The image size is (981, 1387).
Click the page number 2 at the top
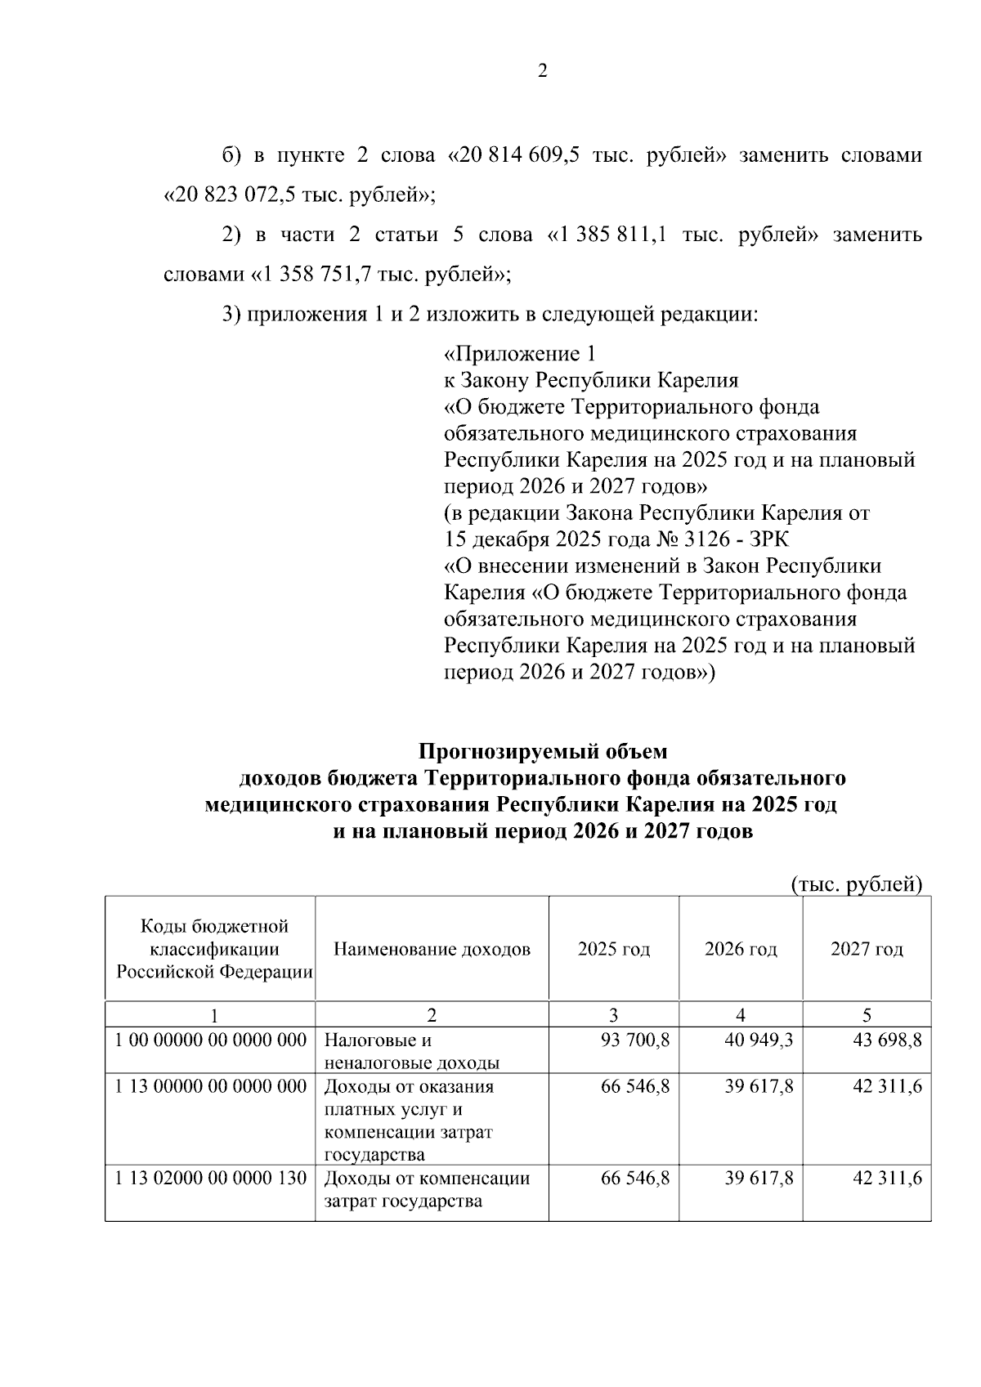pos(542,71)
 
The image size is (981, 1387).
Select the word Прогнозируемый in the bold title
pos(543,750)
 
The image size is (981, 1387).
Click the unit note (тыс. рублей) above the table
pos(857,884)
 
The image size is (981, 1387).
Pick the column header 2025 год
pos(614,949)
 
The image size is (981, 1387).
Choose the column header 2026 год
pos(741,949)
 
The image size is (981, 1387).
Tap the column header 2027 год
pos(867,949)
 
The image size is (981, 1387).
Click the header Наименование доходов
pos(432,949)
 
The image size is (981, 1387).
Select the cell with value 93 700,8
pos(635,1040)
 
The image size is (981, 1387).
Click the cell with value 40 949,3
pos(759,1040)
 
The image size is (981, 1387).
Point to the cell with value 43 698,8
pos(887,1040)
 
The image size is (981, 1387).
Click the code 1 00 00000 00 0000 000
pos(210,1040)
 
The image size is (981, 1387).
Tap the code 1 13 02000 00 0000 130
pos(210,1178)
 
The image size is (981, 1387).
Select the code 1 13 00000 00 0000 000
pos(210,1086)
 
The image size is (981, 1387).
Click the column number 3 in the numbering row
pos(614,1015)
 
